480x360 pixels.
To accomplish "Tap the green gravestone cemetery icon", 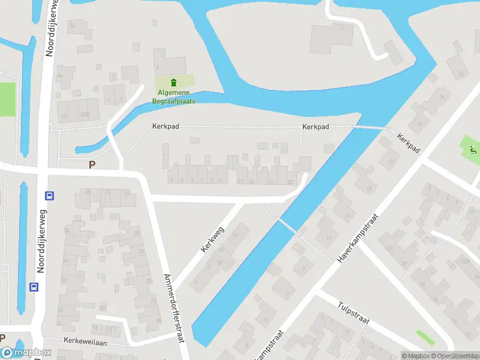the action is click(x=174, y=82).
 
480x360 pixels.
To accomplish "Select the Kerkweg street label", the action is click(x=212, y=239).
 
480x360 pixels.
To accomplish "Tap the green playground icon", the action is click(x=473, y=149).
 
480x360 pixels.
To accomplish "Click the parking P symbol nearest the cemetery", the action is click(x=92, y=164).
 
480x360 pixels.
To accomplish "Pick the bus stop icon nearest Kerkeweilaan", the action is click(x=34, y=287).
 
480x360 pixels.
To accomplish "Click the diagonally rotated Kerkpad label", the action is click(x=408, y=142).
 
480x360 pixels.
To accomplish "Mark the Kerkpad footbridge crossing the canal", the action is click(x=369, y=127).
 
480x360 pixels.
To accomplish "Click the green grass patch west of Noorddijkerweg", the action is click(x=7, y=99).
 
